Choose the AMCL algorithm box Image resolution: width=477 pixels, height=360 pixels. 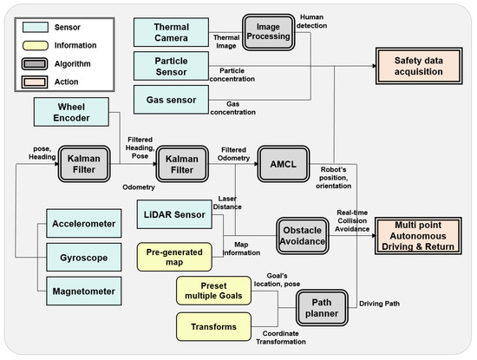coord(284,164)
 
